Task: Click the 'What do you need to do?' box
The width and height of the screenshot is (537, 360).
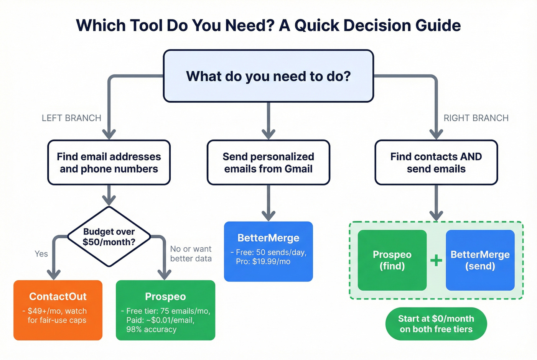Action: coord(268,76)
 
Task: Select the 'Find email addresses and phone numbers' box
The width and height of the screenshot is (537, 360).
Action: coord(109,163)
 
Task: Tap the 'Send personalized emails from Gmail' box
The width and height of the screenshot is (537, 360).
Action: coord(268,163)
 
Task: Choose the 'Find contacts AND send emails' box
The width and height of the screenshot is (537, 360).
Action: coord(436,163)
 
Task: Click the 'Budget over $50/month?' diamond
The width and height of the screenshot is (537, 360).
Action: coord(109,237)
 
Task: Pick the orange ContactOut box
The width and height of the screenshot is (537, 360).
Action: coord(58,310)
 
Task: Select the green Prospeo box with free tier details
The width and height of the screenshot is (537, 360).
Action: coord(165,310)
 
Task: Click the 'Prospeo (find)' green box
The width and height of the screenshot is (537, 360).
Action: coord(392,260)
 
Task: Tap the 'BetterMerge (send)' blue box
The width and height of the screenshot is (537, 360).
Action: coord(480,260)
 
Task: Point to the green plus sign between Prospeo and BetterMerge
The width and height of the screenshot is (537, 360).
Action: coord(436,261)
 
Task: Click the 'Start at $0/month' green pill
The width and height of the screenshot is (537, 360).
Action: coord(436,324)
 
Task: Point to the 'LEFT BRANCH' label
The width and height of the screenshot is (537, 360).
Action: coord(71,118)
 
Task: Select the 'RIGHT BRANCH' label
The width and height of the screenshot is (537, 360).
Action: coord(476,118)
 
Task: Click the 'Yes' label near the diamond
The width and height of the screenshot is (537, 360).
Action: coord(41,254)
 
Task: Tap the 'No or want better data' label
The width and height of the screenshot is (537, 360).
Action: coord(191,254)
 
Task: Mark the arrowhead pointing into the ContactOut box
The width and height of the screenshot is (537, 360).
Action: coord(54,275)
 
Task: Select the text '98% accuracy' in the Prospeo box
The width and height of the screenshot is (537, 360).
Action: coord(152,329)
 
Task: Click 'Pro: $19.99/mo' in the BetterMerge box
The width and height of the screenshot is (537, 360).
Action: coord(263,261)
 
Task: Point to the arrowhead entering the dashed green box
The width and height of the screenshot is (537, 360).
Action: coord(436,215)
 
